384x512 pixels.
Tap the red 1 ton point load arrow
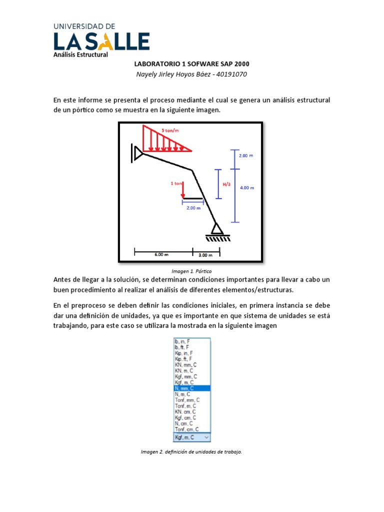pyautogui.click(x=183, y=189)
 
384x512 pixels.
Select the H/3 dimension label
pyautogui.click(x=226, y=184)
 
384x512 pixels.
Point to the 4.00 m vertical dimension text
pyautogui.click(x=247, y=188)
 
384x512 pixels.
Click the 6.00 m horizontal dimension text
pyautogui.click(x=162, y=254)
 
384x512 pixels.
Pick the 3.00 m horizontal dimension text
pyautogui.click(x=205, y=255)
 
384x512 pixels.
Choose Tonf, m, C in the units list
pyautogui.click(x=186, y=406)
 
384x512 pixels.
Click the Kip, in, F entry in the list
pyautogui.click(x=183, y=352)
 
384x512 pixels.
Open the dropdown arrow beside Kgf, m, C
pyautogui.click(x=207, y=437)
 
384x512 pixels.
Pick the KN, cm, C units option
pyautogui.click(x=185, y=412)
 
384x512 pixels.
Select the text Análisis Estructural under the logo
pyautogui.click(x=80, y=54)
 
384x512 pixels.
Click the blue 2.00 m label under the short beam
pyautogui.click(x=193, y=208)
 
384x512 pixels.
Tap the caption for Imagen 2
pyautogui.click(x=191, y=452)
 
